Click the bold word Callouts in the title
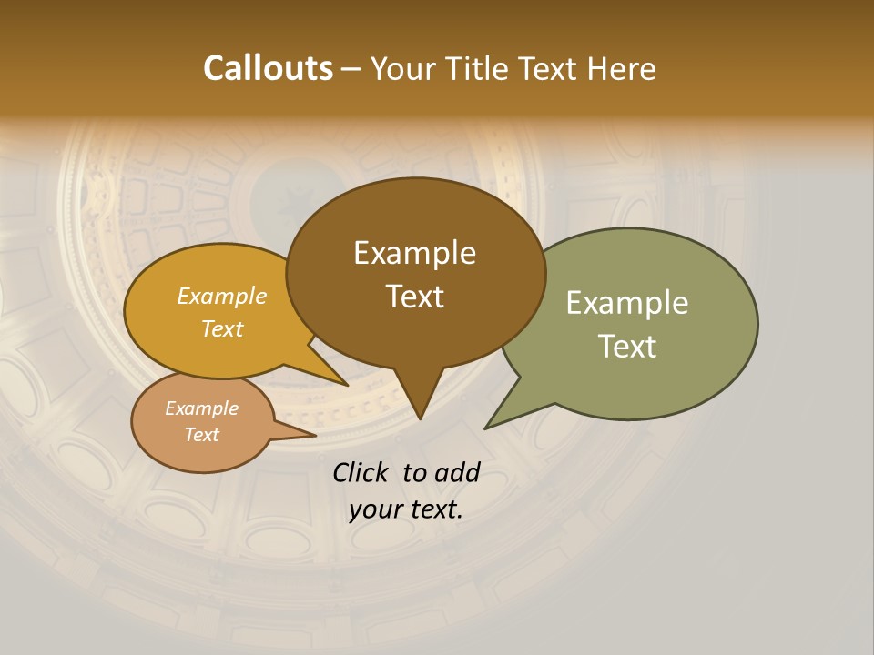(x=268, y=68)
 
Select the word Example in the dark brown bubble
(x=414, y=253)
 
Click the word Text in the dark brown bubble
(x=414, y=297)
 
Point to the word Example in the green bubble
(x=627, y=303)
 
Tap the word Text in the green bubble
(x=627, y=347)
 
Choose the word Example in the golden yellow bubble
(x=222, y=297)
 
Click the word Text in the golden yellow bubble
(x=222, y=329)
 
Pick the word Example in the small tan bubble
(x=201, y=408)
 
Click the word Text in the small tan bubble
(x=201, y=435)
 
